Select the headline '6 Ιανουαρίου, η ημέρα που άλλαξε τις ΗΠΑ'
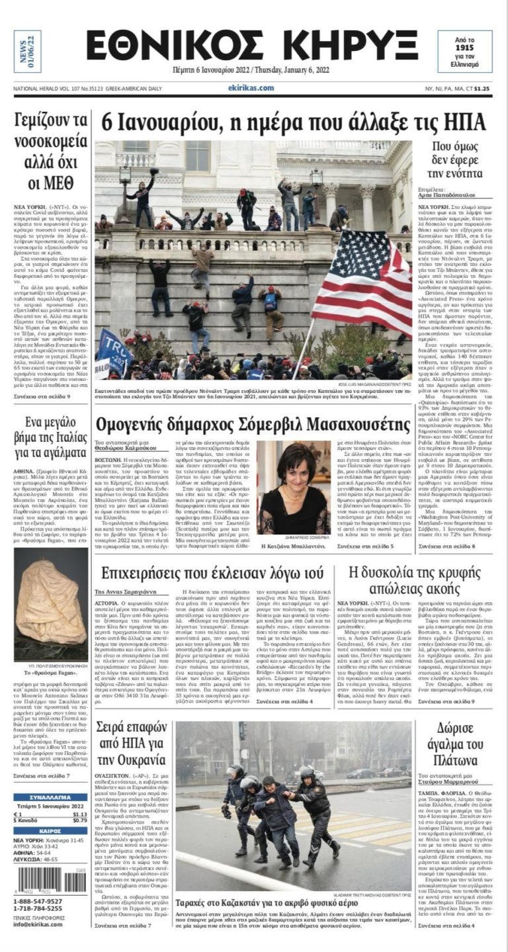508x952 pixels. click(x=294, y=122)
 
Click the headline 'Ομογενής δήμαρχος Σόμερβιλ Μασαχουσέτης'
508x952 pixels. click(x=253, y=423)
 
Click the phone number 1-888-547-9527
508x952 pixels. click(x=38, y=901)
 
